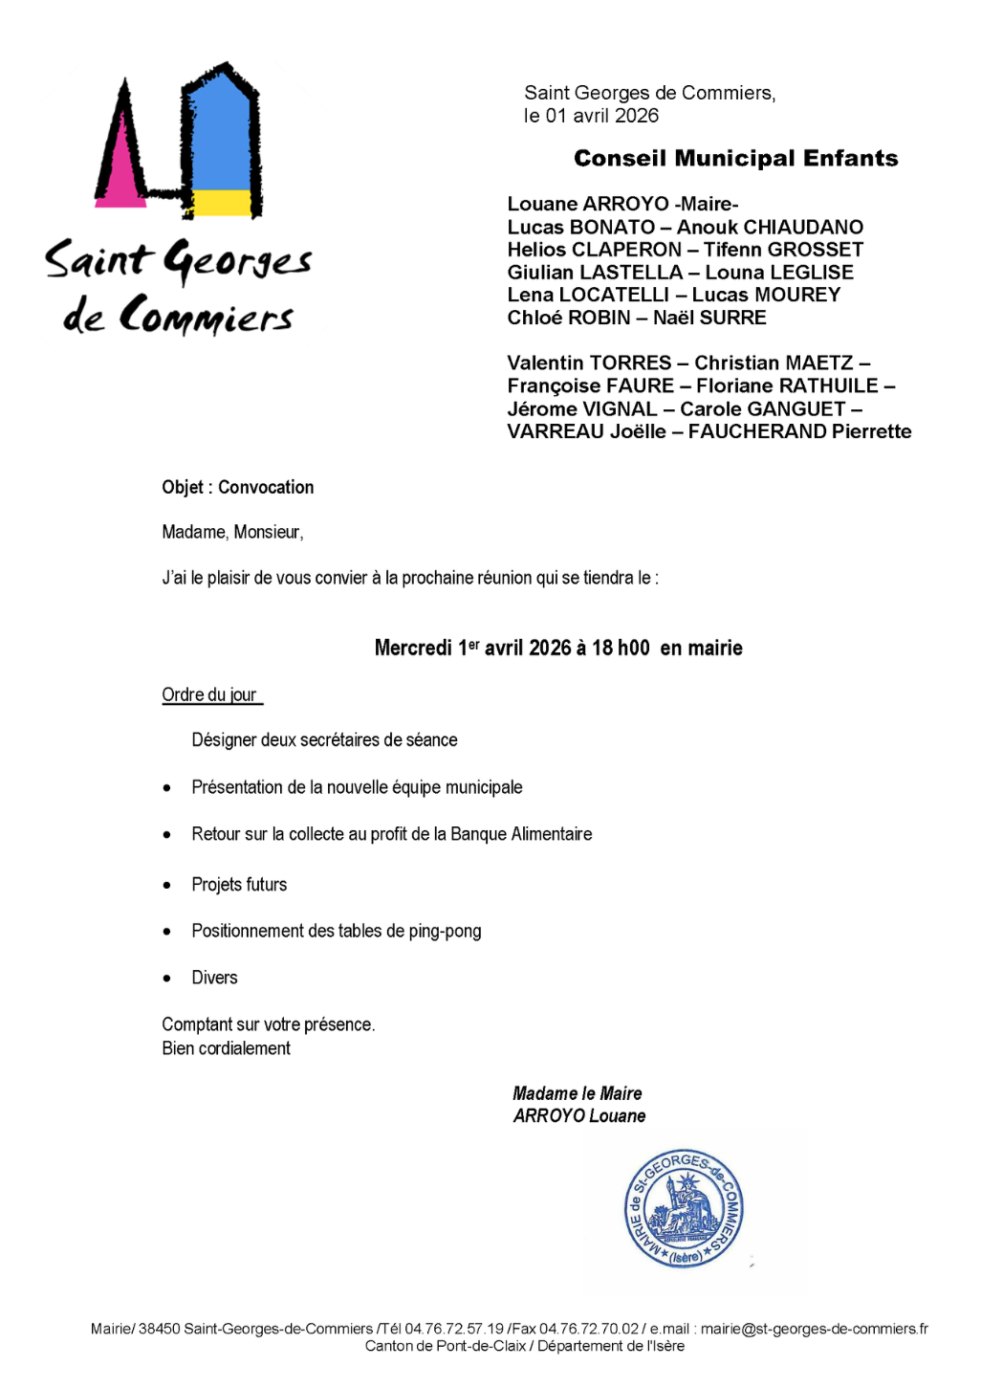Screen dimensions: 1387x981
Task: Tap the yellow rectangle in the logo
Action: pyautogui.click(x=222, y=202)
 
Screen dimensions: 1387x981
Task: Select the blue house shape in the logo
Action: pyautogui.click(x=221, y=134)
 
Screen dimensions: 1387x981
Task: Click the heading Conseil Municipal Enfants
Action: pyautogui.click(x=735, y=159)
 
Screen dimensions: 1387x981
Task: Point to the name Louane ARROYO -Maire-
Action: pyautogui.click(x=622, y=204)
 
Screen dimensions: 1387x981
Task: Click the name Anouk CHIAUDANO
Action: pyautogui.click(x=770, y=227)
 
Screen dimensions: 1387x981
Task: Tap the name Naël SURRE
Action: pyautogui.click(x=709, y=318)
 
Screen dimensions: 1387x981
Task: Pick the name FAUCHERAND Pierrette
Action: pyautogui.click(x=799, y=431)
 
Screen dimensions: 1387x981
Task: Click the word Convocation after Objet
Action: pyautogui.click(x=266, y=487)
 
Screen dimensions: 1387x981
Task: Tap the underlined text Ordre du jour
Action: pyautogui.click(x=209, y=694)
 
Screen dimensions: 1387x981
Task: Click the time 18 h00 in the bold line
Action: pyautogui.click(x=621, y=648)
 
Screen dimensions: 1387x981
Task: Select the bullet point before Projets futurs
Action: pyautogui.click(x=167, y=885)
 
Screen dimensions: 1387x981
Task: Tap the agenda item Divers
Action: pyautogui.click(x=214, y=978)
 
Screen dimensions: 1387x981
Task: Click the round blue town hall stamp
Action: pyautogui.click(x=684, y=1209)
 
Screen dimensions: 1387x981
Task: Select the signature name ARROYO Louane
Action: pyautogui.click(x=579, y=1116)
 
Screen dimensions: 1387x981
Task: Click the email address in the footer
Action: pyautogui.click(x=814, y=1329)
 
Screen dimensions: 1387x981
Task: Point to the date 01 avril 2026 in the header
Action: pyautogui.click(x=602, y=116)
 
